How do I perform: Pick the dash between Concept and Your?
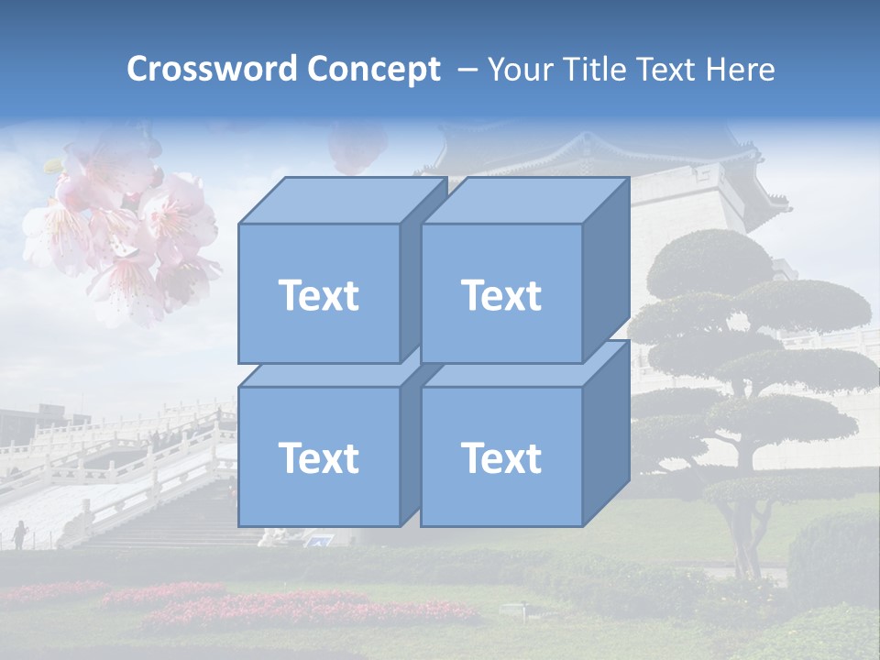coord(466,70)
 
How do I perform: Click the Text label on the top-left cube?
coord(318,295)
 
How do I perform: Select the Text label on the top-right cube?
coord(501,295)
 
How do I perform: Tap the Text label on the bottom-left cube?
coord(318,457)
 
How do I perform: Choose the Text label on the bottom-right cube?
coord(501,457)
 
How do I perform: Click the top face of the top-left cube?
coord(341,201)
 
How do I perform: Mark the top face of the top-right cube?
coord(524,201)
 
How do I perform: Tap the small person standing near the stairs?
coord(19,534)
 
